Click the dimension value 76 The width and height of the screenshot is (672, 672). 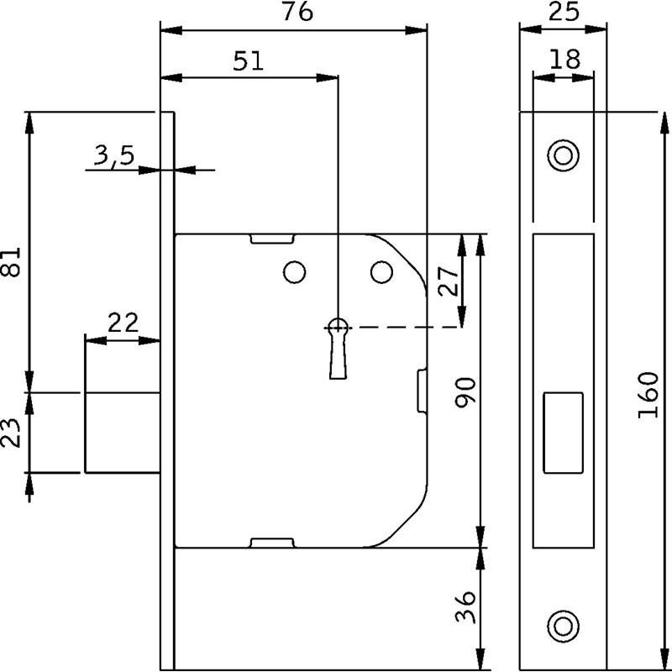coord(297,12)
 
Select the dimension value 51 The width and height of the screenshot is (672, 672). coord(248,60)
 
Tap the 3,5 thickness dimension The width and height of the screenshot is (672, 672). coord(114,155)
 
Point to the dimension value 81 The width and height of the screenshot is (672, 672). coord(12,261)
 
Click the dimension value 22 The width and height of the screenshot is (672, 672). coord(123,323)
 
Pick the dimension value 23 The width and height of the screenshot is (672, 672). coord(12,433)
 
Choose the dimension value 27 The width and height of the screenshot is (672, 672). coord(449,281)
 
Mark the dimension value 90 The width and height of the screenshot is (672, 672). coord(466,392)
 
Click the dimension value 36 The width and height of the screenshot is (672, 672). coord(466,606)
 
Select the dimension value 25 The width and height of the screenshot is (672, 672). coord(564,12)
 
